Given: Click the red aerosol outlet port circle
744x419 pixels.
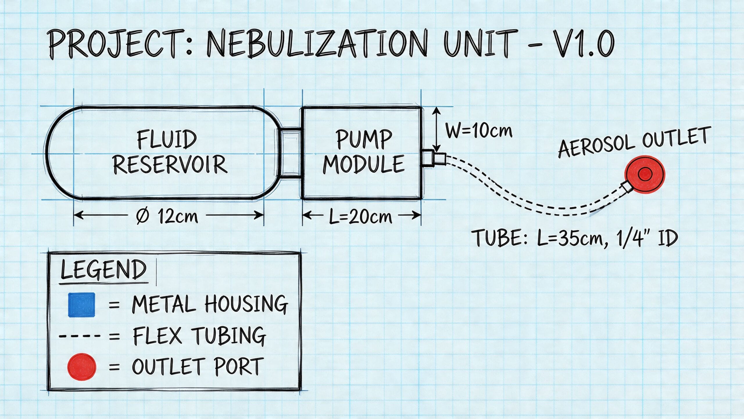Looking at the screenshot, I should (645, 174).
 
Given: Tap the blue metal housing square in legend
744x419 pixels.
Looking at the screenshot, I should (81, 305).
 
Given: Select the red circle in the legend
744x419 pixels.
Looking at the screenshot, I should (81, 367).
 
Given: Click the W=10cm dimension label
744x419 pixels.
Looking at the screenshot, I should (479, 131).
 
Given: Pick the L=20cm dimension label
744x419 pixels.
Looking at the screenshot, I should (360, 217).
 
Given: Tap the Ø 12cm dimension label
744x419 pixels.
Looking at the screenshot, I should (167, 216).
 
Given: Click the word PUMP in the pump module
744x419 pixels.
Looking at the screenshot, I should (364, 139).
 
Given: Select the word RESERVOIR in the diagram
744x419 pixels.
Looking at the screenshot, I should (170, 164).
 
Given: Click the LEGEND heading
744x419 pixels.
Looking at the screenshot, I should (103, 270).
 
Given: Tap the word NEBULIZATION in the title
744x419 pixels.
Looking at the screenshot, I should (317, 44).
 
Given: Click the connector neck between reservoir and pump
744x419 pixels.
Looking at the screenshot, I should (291, 153).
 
